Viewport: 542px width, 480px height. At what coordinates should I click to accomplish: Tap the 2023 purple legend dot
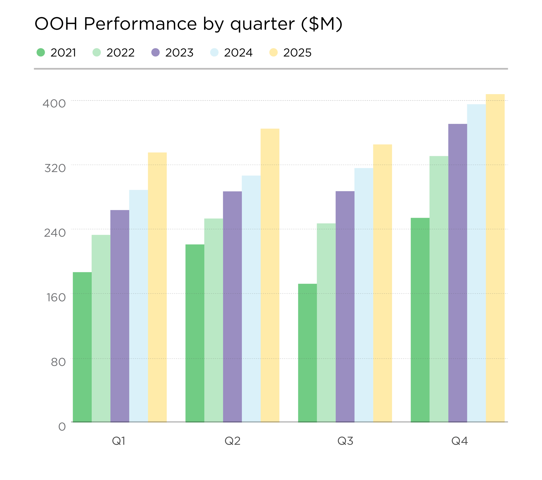coord(156,53)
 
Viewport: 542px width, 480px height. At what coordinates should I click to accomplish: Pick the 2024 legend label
coord(238,53)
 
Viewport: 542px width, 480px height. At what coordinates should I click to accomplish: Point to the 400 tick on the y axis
coord(54,104)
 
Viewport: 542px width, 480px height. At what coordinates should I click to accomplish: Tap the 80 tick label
coord(58,362)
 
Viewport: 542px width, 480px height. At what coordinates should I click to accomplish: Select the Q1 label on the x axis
coord(119,441)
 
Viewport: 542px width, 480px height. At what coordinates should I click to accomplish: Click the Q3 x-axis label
coord(345,441)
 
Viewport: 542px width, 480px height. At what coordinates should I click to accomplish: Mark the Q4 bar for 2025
coord(495,257)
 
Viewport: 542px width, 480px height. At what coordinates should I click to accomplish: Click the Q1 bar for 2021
coord(82,347)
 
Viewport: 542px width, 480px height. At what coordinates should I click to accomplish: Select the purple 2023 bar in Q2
coord(232,306)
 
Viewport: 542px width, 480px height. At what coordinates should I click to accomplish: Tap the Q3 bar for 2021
coord(307,352)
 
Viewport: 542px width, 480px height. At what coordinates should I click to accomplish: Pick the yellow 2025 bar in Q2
coord(270,275)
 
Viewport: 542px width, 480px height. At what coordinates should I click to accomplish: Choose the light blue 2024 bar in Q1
coord(138,306)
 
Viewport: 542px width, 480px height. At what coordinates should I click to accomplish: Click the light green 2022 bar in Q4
coord(439,288)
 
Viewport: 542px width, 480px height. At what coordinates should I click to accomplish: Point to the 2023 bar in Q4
coord(457,272)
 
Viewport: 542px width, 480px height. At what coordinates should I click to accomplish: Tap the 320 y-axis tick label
coord(55,168)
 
